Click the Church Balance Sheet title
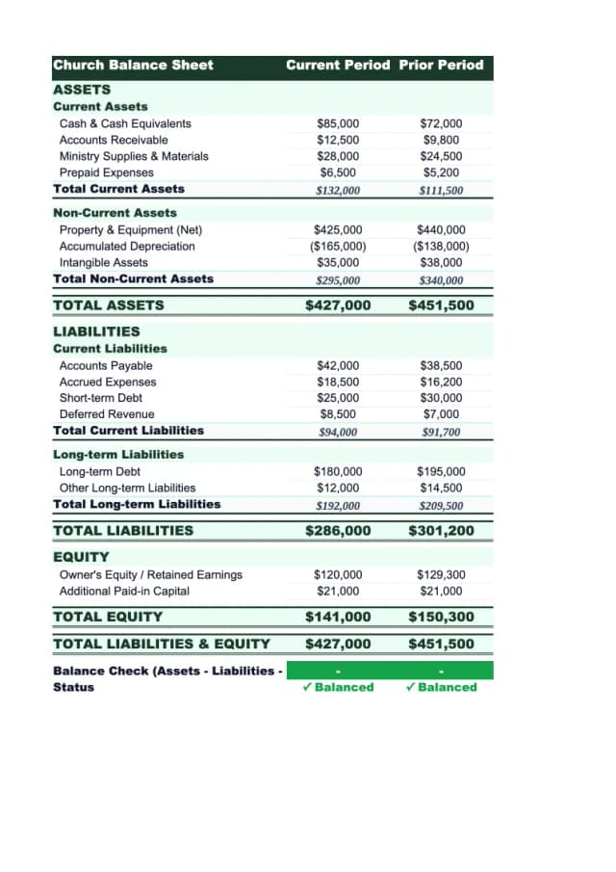(133, 66)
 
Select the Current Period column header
(338, 66)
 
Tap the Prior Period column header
(441, 66)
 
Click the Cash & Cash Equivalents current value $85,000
(338, 123)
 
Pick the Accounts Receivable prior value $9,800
(441, 140)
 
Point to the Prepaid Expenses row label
(106, 172)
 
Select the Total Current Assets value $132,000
(338, 190)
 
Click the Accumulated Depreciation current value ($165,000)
(338, 247)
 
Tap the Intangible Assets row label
(103, 263)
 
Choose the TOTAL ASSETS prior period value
(441, 305)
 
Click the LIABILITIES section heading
(96, 331)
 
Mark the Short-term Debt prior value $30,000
(441, 398)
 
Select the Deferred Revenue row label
(106, 414)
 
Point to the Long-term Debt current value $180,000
(338, 472)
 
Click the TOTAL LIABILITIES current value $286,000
(338, 531)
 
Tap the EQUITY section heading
(81, 557)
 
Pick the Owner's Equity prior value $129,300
(441, 575)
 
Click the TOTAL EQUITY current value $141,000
(338, 617)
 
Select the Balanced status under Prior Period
(441, 687)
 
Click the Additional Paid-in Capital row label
(124, 592)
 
